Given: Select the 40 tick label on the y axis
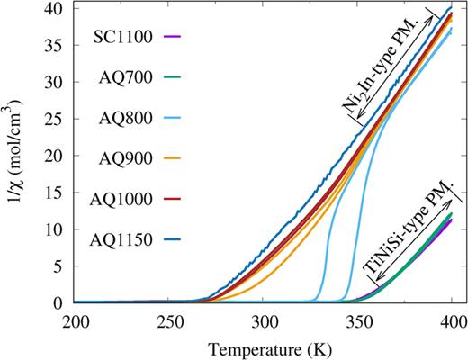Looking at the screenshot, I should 56,8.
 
